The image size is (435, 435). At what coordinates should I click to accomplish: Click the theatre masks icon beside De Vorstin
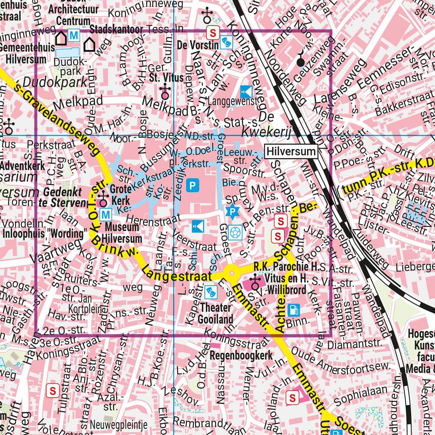227,42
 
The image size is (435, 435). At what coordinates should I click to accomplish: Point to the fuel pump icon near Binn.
294,310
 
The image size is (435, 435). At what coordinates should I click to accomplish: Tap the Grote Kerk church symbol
103,199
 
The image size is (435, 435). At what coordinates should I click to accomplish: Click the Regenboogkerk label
241,355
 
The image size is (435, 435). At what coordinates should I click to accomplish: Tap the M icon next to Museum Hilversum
105,214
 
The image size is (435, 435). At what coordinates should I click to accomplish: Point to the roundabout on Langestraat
231,273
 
